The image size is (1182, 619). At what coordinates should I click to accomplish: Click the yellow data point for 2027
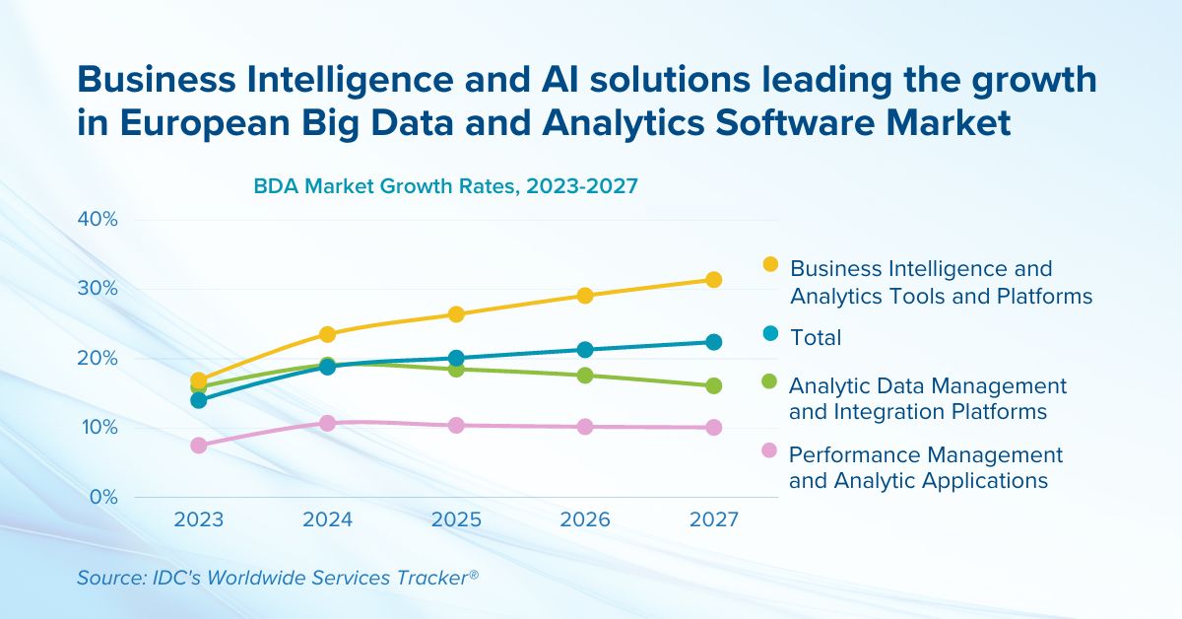tap(713, 280)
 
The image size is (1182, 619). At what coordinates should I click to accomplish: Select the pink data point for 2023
tap(199, 446)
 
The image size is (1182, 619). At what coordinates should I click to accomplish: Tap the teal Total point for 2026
tap(585, 350)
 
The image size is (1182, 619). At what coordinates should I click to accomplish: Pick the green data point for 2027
tap(713, 385)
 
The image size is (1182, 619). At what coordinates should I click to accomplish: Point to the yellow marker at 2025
tap(456, 314)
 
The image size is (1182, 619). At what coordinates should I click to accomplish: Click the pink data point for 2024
tap(327, 423)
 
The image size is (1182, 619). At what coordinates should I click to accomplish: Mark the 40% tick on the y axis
tap(98, 219)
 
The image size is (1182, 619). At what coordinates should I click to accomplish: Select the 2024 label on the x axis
tap(327, 520)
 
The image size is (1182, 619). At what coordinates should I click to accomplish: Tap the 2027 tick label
tap(713, 520)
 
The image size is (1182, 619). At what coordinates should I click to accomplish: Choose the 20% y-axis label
tap(98, 358)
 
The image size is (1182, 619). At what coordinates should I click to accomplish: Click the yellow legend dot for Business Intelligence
tap(770, 264)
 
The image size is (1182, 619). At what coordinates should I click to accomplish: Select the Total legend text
tap(816, 337)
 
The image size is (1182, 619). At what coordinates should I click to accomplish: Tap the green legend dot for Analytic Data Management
tap(770, 381)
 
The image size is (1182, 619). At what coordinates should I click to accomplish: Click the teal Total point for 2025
tap(456, 359)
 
